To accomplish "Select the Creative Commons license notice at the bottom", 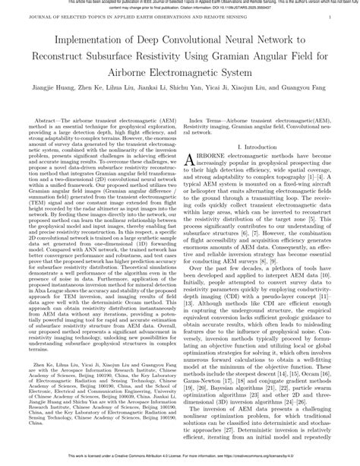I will (180, 459).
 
